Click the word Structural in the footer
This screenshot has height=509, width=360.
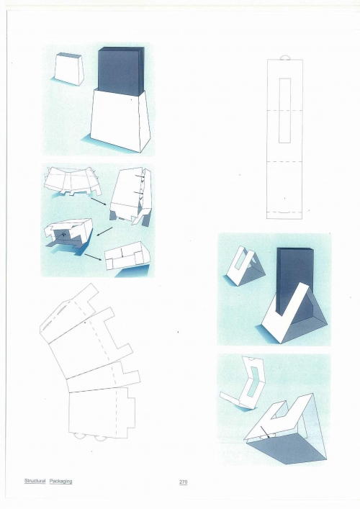(35, 481)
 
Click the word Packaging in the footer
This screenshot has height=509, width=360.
(60, 481)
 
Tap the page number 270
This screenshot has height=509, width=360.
(183, 482)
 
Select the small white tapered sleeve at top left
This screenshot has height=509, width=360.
(69, 69)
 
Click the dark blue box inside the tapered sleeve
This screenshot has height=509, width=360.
(121, 71)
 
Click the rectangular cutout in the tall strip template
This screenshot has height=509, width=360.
(284, 110)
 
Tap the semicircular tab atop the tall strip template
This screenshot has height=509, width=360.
(285, 58)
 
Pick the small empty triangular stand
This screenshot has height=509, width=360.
(245, 267)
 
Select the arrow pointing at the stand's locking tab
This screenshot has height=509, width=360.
(265, 432)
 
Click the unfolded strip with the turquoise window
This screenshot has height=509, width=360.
(243, 383)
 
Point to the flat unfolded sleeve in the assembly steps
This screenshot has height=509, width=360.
(72, 181)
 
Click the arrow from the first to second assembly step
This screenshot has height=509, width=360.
(99, 202)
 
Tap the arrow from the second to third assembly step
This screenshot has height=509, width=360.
(104, 232)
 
